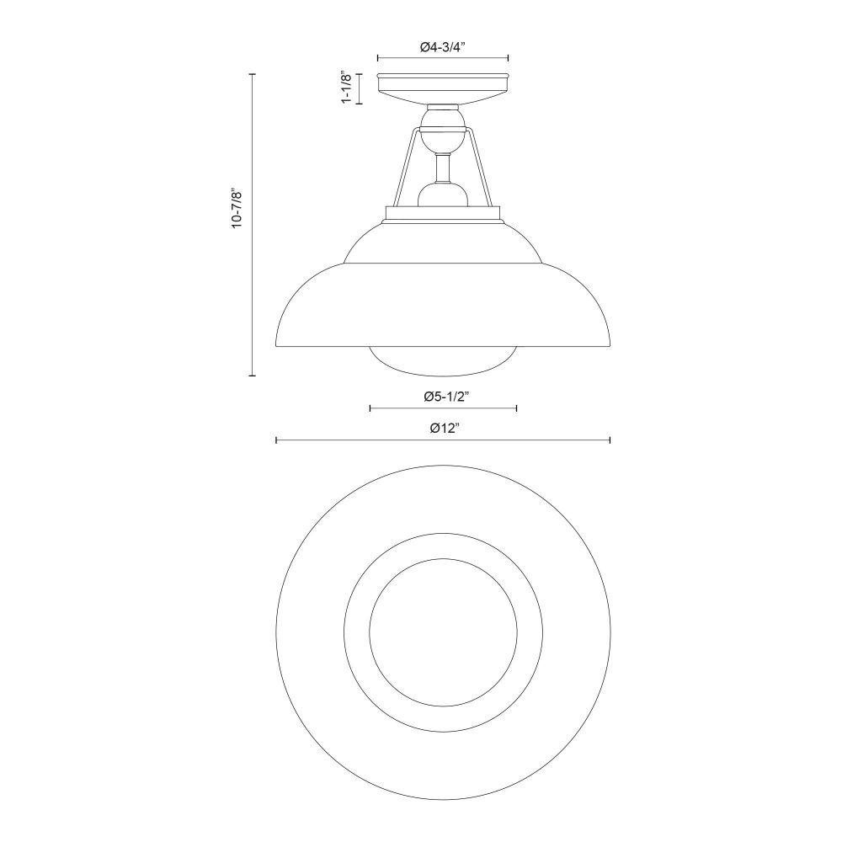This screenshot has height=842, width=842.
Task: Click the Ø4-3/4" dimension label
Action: pyautogui.click(x=442, y=47)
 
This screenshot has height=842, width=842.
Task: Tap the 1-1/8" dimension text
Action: pyautogui.click(x=347, y=88)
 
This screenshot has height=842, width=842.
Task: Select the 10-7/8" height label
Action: pyautogui.click(x=237, y=208)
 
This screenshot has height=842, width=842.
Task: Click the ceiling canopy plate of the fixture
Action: pyautogui.click(x=443, y=88)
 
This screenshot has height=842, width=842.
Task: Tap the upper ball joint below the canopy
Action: pyautogui.click(x=443, y=130)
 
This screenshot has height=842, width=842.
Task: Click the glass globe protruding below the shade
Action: pyautogui.click(x=443, y=360)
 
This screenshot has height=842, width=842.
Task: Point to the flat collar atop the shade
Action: pyautogui.click(x=443, y=214)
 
